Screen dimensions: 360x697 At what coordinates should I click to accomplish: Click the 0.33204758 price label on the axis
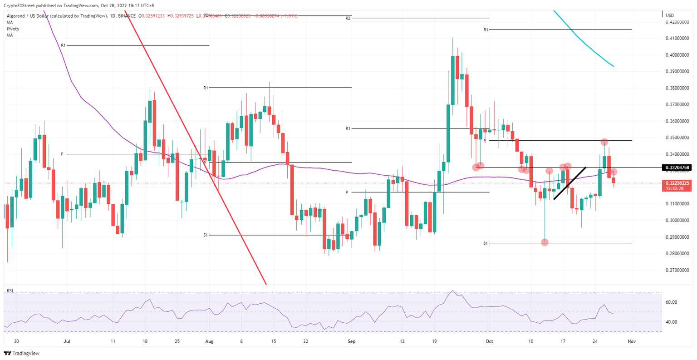[677, 168]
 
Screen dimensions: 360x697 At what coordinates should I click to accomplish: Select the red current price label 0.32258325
[677, 183]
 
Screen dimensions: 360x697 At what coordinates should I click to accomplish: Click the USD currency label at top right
[669, 15]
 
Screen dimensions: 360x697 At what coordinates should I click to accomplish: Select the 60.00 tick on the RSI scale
[671, 302]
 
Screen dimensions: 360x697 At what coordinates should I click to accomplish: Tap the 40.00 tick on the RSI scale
[671, 322]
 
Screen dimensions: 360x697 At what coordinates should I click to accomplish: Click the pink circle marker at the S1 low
[545, 242]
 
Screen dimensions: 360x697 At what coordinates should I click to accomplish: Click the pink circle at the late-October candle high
[604, 142]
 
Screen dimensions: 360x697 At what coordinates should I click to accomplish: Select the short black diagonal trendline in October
[570, 183]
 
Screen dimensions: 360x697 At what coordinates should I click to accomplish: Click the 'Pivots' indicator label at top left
[13, 29]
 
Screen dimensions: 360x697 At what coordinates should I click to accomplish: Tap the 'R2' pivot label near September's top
[348, 19]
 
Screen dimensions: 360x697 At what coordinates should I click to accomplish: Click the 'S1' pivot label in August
[206, 235]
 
